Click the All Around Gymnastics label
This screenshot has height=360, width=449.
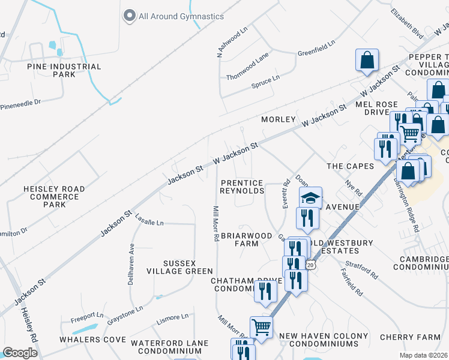click(181, 16)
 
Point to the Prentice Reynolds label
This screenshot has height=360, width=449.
click(242, 187)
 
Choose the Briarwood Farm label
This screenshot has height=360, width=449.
click(247, 239)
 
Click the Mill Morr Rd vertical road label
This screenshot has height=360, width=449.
click(215, 224)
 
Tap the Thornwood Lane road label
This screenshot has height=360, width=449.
click(247, 76)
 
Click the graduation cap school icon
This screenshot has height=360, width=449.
click(311, 198)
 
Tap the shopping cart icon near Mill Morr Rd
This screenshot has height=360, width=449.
click(261, 327)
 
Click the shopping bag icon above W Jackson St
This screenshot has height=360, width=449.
click(366, 60)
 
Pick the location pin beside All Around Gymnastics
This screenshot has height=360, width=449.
click(128, 16)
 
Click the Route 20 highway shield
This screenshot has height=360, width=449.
click(310, 265)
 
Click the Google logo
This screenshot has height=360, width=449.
click(20, 353)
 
